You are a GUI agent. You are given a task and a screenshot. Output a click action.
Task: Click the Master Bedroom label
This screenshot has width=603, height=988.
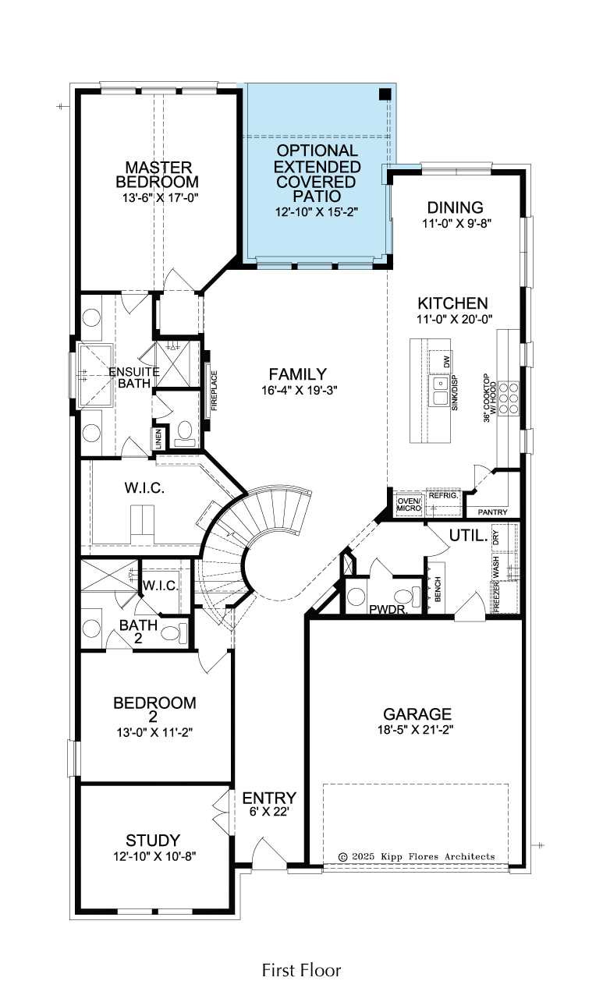[157, 175]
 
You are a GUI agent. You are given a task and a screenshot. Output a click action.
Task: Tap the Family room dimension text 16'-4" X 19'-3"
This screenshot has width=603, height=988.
[299, 391]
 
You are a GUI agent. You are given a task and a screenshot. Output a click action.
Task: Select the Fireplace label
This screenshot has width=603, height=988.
[215, 391]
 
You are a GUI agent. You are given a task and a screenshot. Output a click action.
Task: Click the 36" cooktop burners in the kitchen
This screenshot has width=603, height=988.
[509, 398]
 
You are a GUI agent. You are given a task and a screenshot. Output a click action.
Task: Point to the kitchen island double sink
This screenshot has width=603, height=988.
[440, 391]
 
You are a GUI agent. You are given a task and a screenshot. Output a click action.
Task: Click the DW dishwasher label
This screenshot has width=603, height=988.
[446, 362]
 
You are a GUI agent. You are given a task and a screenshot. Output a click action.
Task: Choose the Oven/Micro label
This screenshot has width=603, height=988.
[409, 505]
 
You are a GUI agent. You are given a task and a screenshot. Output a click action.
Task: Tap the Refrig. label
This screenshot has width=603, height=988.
[443, 495]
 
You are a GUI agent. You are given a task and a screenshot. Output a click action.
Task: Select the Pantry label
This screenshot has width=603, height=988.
[493, 512]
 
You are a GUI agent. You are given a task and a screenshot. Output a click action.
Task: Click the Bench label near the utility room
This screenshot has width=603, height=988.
[438, 590]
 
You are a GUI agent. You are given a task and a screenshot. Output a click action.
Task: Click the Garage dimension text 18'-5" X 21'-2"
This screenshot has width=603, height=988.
[416, 729]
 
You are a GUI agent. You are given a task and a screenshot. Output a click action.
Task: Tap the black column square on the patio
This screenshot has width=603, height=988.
[385, 94]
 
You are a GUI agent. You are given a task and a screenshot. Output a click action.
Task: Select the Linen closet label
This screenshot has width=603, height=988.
[159, 439]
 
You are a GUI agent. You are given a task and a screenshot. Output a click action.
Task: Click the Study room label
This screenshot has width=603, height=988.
[153, 841]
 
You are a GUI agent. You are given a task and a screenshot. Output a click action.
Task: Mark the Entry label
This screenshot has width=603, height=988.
[269, 798]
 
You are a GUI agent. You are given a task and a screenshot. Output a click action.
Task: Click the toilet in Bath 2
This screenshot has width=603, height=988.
[174, 633]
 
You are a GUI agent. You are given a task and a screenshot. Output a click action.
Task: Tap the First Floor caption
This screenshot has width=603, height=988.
[301, 970]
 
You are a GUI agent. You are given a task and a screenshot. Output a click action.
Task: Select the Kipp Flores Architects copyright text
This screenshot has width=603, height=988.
[417, 856]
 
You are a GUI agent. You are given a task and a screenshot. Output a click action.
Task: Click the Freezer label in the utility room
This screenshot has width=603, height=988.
[496, 596]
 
